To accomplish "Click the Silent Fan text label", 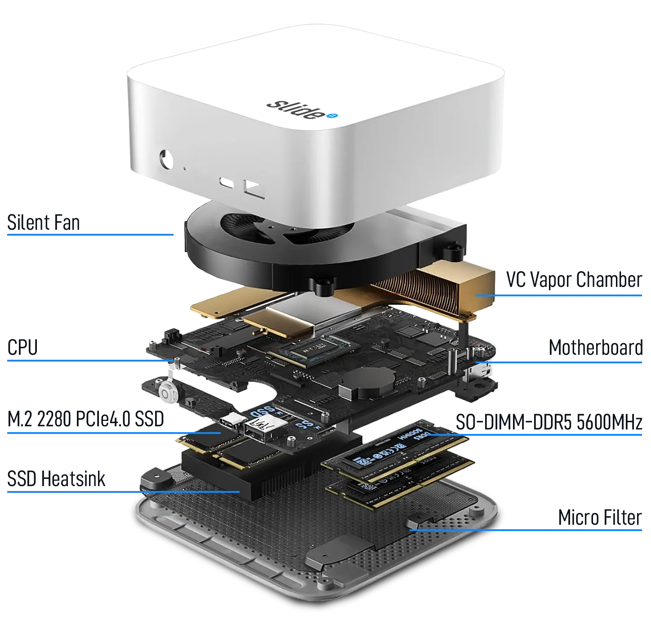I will [43, 222].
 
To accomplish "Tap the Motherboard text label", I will [595, 348].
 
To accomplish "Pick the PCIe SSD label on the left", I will [86, 420].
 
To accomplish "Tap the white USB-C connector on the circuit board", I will [233, 421].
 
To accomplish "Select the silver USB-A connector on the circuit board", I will [258, 425].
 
